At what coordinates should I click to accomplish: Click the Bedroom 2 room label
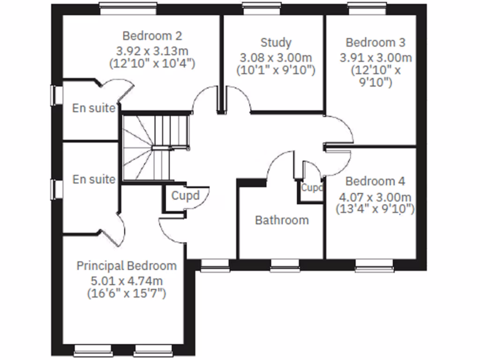pyautogui.click(x=152, y=36)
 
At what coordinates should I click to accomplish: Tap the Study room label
pyautogui.click(x=276, y=43)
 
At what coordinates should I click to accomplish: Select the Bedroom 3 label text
pyautogui.click(x=375, y=43)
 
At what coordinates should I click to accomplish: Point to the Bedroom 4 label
pyautogui.click(x=375, y=181)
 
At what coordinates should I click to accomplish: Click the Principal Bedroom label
pyautogui.click(x=127, y=266)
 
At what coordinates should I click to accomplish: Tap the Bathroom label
pyautogui.click(x=282, y=220)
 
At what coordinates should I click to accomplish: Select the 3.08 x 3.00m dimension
pyautogui.click(x=276, y=58)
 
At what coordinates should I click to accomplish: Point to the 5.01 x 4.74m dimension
pyautogui.click(x=127, y=281)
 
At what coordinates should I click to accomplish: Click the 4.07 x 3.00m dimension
pyautogui.click(x=375, y=196)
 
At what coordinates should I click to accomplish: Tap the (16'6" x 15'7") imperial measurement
pyautogui.click(x=127, y=294)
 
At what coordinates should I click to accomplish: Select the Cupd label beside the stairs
pyautogui.click(x=185, y=195)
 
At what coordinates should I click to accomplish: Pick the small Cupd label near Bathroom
pyautogui.click(x=312, y=188)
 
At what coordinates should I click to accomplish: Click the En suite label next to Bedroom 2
pyautogui.click(x=93, y=108)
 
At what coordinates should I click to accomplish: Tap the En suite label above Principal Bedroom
pyautogui.click(x=93, y=179)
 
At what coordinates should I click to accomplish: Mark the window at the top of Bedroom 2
pyautogui.click(x=127, y=6)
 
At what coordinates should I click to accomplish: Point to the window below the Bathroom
pyautogui.click(x=285, y=269)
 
